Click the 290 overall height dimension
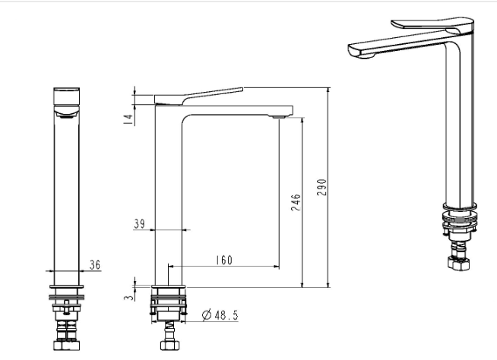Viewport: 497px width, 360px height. tap(321, 188)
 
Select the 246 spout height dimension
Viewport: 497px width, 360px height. tap(296, 203)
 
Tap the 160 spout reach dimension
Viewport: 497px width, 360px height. tap(224, 261)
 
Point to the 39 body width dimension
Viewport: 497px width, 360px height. tap(139, 224)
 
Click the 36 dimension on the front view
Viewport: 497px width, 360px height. tap(94, 264)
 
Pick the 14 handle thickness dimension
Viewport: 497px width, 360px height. tap(128, 119)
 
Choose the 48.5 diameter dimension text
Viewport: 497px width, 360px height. tap(226, 315)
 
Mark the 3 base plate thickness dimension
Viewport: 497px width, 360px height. tap(128, 298)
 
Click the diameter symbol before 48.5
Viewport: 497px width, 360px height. tap(207, 315)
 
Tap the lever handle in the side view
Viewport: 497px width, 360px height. tap(199, 96)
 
